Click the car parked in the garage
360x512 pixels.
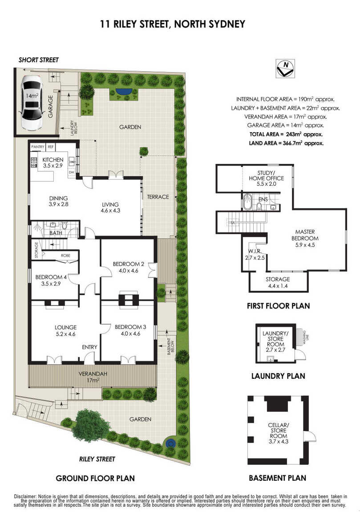tap(32, 102)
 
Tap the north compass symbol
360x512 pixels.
tap(285, 68)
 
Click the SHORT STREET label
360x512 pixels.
tap(39, 60)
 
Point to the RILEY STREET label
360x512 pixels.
tap(97, 459)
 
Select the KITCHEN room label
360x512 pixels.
tap(53, 160)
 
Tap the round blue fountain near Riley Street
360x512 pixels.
tap(170, 443)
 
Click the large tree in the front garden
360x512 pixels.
tap(91, 425)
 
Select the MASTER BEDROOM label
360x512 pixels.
tap(305, 235)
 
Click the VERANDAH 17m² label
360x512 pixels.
tap(93, 377)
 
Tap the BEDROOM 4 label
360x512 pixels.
tap(51, 277)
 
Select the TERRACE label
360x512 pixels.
tap(158, 197)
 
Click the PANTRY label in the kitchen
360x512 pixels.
tap(37, 147)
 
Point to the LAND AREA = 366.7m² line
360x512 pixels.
tap(286, 143)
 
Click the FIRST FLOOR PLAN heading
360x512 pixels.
tap(279, 306)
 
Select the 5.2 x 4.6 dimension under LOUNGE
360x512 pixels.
tap(65, 334)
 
